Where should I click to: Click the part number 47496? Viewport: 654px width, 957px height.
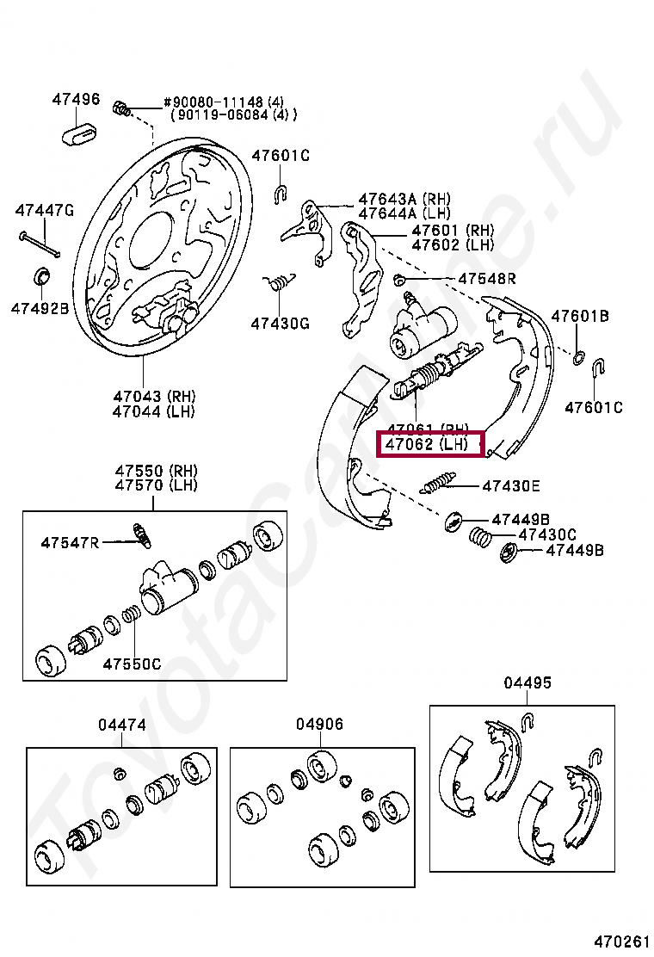pyautogui.click(x=76, y=99)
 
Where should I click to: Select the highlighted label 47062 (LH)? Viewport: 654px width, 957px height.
pyautogui.click(x=427, y=445)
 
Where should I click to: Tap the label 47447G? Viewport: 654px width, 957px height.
pyautogui.click(x=45, y=210)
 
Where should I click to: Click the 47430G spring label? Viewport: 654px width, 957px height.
pyautogui.click(x=280, y=324)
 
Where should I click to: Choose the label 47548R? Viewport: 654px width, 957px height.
pyautogui.click(x=487, y=278)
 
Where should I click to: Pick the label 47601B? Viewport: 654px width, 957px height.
pyautogui.click(x=580, y=316)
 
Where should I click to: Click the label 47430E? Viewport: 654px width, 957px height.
pyautogui.click(x=511, y=485)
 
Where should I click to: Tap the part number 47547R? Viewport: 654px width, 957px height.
pyautogui.click(x=70, y=541)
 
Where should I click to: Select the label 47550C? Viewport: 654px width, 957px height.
pyautogui.click(x=132, y=664)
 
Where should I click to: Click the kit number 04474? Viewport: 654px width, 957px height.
pyautogui.click(x=121, y=725)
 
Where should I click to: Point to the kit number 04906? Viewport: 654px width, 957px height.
pyautogui.click(x=319, y=725)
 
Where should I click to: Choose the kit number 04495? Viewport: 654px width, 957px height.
pyautogui.click(x=528, y=682)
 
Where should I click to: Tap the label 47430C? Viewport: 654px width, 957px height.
pyautogui.click(x=547, y=534)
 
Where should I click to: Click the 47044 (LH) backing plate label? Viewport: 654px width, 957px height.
pyautogui.click(x=154, y=411)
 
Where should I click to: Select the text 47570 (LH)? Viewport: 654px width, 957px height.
pyautogui.click(x=157, y=485)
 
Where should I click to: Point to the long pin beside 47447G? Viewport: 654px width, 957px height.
pyautogui.click(x=40, y=244)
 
